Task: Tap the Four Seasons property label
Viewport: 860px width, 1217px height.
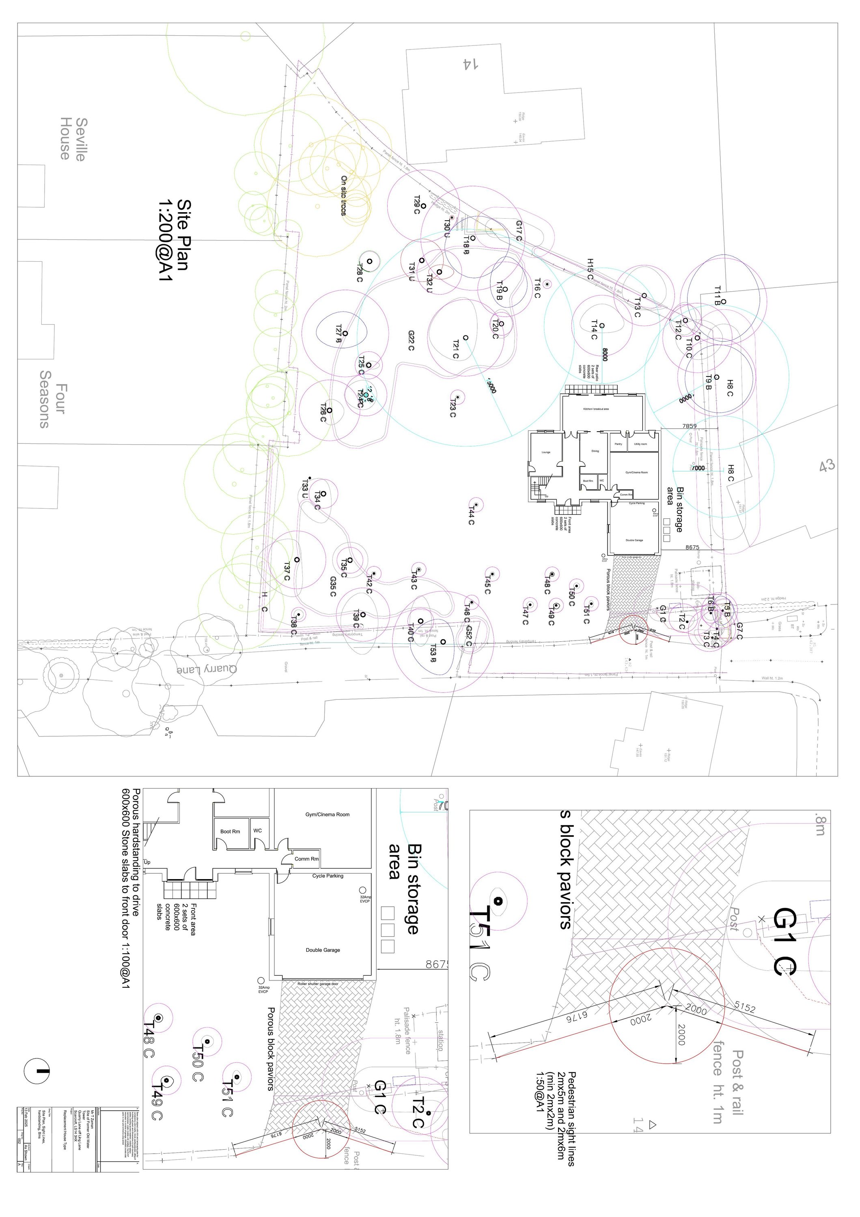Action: pyautogui.click(x=52, y=399)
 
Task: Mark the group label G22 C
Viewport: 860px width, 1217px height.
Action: pyautogui.click(x=411, y=340)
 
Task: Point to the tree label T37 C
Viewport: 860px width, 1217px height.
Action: pyautogui.click(x=286, y=571)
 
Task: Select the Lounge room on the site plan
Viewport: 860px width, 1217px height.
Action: pyautogui.click(x=545, y=452)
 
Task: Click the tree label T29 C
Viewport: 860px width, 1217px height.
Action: pyautogui.click(x=417, y=204)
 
